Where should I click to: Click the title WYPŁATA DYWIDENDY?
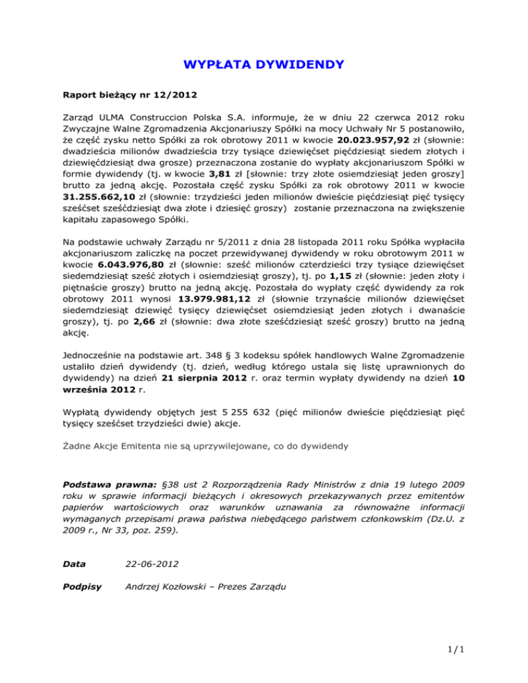coord(263,66)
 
